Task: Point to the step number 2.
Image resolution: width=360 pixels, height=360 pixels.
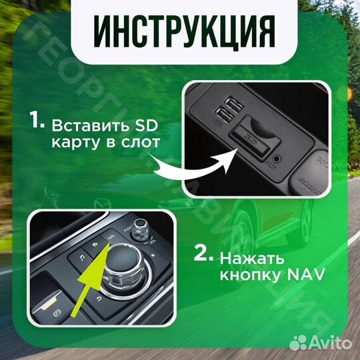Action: [203, 255]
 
